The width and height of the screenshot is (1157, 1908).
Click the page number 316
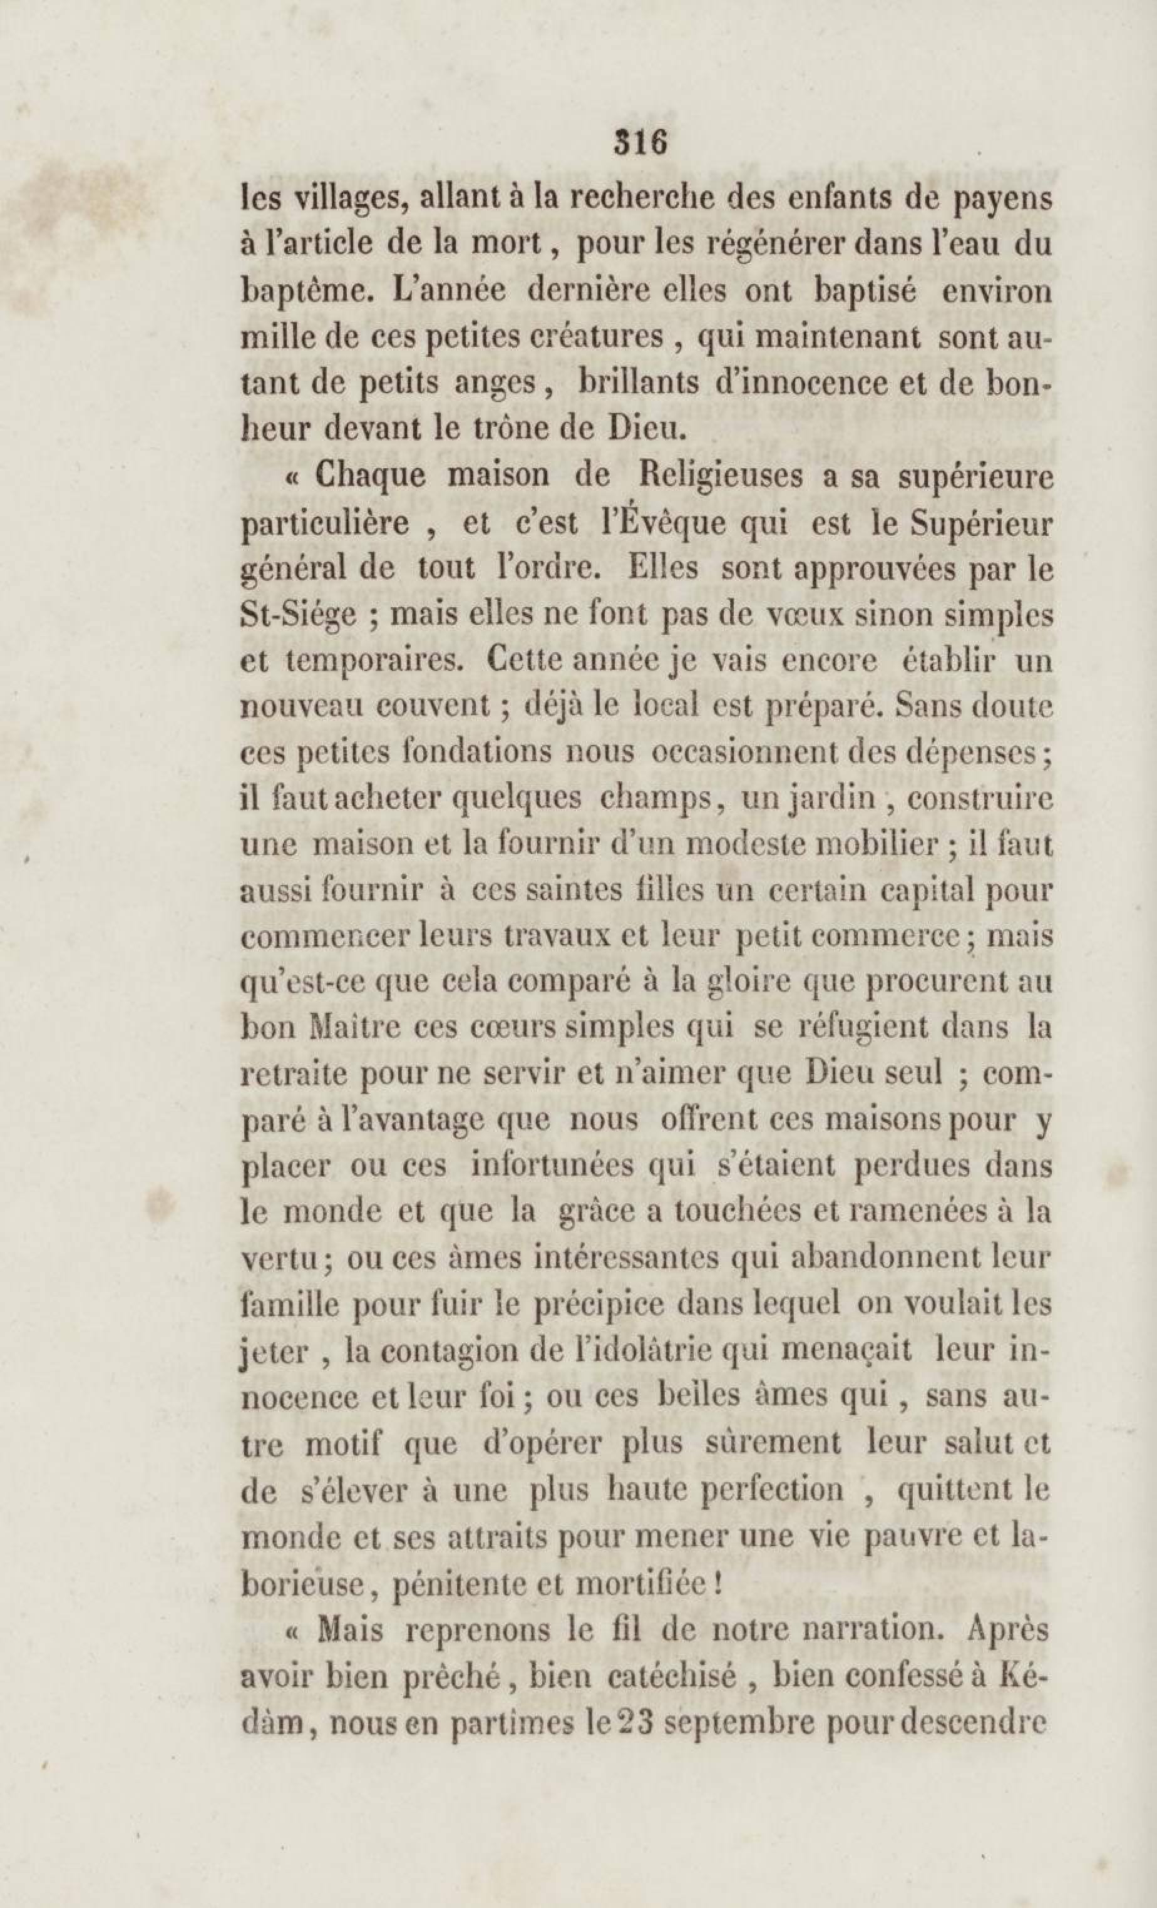[640, 143]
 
